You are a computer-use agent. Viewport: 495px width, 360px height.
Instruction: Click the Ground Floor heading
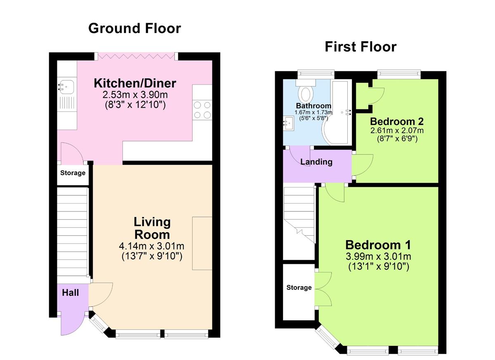pos(134,28)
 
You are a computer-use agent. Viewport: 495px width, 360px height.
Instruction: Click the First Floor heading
pos(360,47)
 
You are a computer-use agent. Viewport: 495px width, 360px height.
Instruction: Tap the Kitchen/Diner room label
pos(135,83)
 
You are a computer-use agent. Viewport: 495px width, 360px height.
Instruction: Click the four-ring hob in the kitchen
pos(202,110)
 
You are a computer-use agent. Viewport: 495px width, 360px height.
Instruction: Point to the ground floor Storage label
pos(73,173)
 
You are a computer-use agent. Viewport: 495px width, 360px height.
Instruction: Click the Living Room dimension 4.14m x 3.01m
pos(151,246)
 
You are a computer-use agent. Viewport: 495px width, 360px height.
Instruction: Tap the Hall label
pos(70,293)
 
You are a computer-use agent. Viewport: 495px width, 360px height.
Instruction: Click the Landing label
pos(316,162)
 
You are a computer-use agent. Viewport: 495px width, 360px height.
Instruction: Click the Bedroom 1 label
pos(378,245)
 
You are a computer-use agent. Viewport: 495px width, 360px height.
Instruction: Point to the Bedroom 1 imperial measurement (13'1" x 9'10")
pos(378,267)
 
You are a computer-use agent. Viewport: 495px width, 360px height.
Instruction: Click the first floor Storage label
pos(299,287)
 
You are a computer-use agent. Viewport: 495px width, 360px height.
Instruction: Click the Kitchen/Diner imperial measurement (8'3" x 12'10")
pos(135,105)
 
